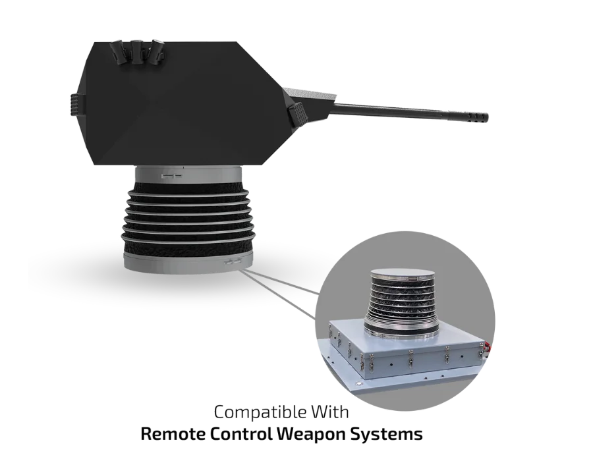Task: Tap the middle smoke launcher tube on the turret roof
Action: coord(139,51)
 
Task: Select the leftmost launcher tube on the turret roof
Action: coord(121,51)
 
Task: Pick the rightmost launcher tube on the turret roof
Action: coord(157,51)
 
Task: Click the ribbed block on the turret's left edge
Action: coord(74,105)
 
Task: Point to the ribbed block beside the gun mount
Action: coord(297,116)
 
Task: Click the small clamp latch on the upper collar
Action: coord(169,176)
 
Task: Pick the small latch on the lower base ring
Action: coord(231,261)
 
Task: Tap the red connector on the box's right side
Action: coord(489,345)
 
